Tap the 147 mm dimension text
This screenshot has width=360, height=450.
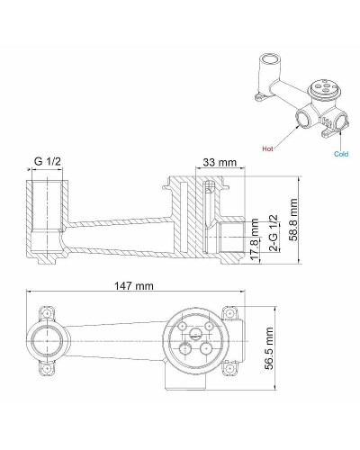pyautogui.click(x=134, y=285)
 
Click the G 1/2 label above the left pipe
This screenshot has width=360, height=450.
pyautogui.click(x=49, y=162)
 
